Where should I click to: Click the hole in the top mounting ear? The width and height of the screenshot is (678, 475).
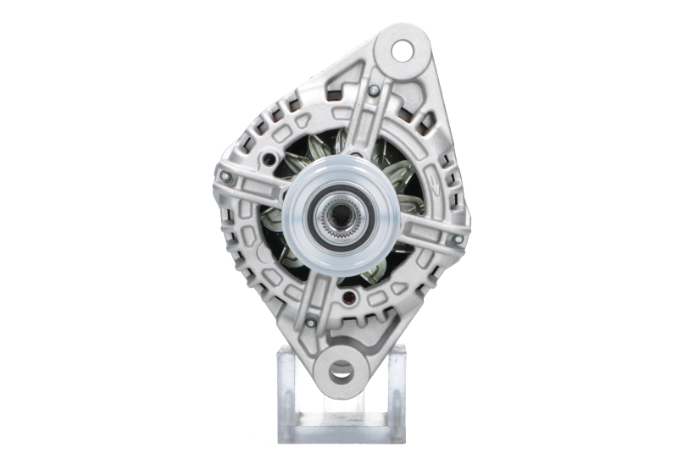(x=401, y=52)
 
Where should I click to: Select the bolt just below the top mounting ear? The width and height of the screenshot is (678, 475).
(x=374, y=90)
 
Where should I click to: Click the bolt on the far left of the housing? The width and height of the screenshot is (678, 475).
(x=225, y=177)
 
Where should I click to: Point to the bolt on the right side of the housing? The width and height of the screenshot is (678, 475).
(x=458, y=240)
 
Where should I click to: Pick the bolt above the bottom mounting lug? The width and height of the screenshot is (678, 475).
(x=310, y=322)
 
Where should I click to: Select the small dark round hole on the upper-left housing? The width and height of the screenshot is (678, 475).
(x=270, y=158)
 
